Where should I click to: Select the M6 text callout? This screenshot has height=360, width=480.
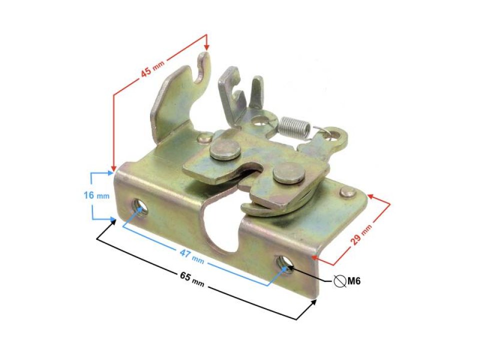354,281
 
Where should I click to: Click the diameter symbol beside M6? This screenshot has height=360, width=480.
339,281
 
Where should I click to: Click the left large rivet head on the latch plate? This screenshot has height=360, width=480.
224,149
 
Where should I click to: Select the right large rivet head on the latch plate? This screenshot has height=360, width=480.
289,173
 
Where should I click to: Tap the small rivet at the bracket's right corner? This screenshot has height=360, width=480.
346,191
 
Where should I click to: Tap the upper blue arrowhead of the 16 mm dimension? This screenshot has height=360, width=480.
111,173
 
